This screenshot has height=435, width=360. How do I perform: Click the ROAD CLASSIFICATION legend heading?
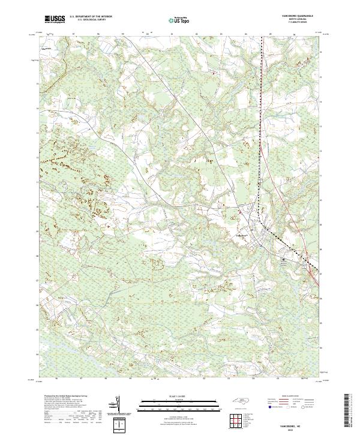(290, 395)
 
